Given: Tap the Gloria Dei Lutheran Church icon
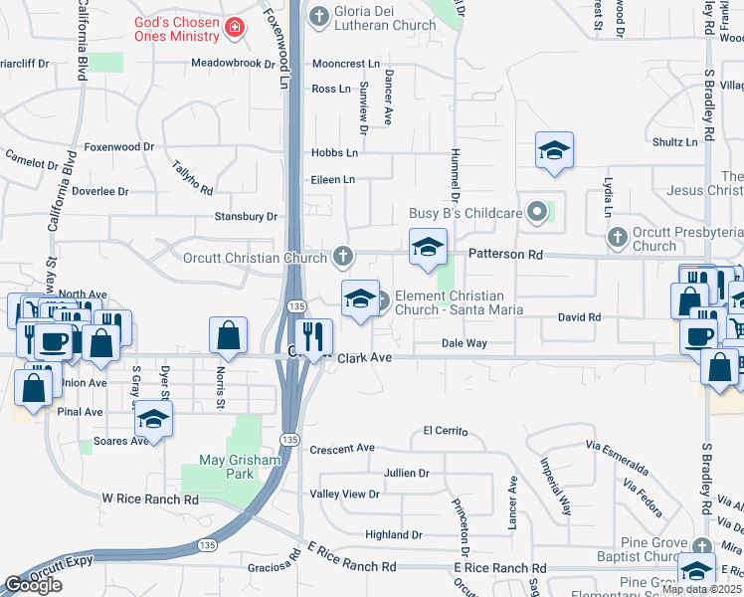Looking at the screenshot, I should click(319, 15).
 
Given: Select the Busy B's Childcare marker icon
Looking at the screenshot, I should click(538, 212).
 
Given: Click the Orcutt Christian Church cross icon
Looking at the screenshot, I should click(343, 258).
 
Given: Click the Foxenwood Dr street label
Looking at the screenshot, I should click(119, 146).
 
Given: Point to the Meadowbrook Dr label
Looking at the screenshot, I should click(233, 63).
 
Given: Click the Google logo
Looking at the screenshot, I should click(34, 584).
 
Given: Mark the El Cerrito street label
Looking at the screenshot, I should click(445, 430).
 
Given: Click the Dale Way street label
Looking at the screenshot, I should click(464, 343).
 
